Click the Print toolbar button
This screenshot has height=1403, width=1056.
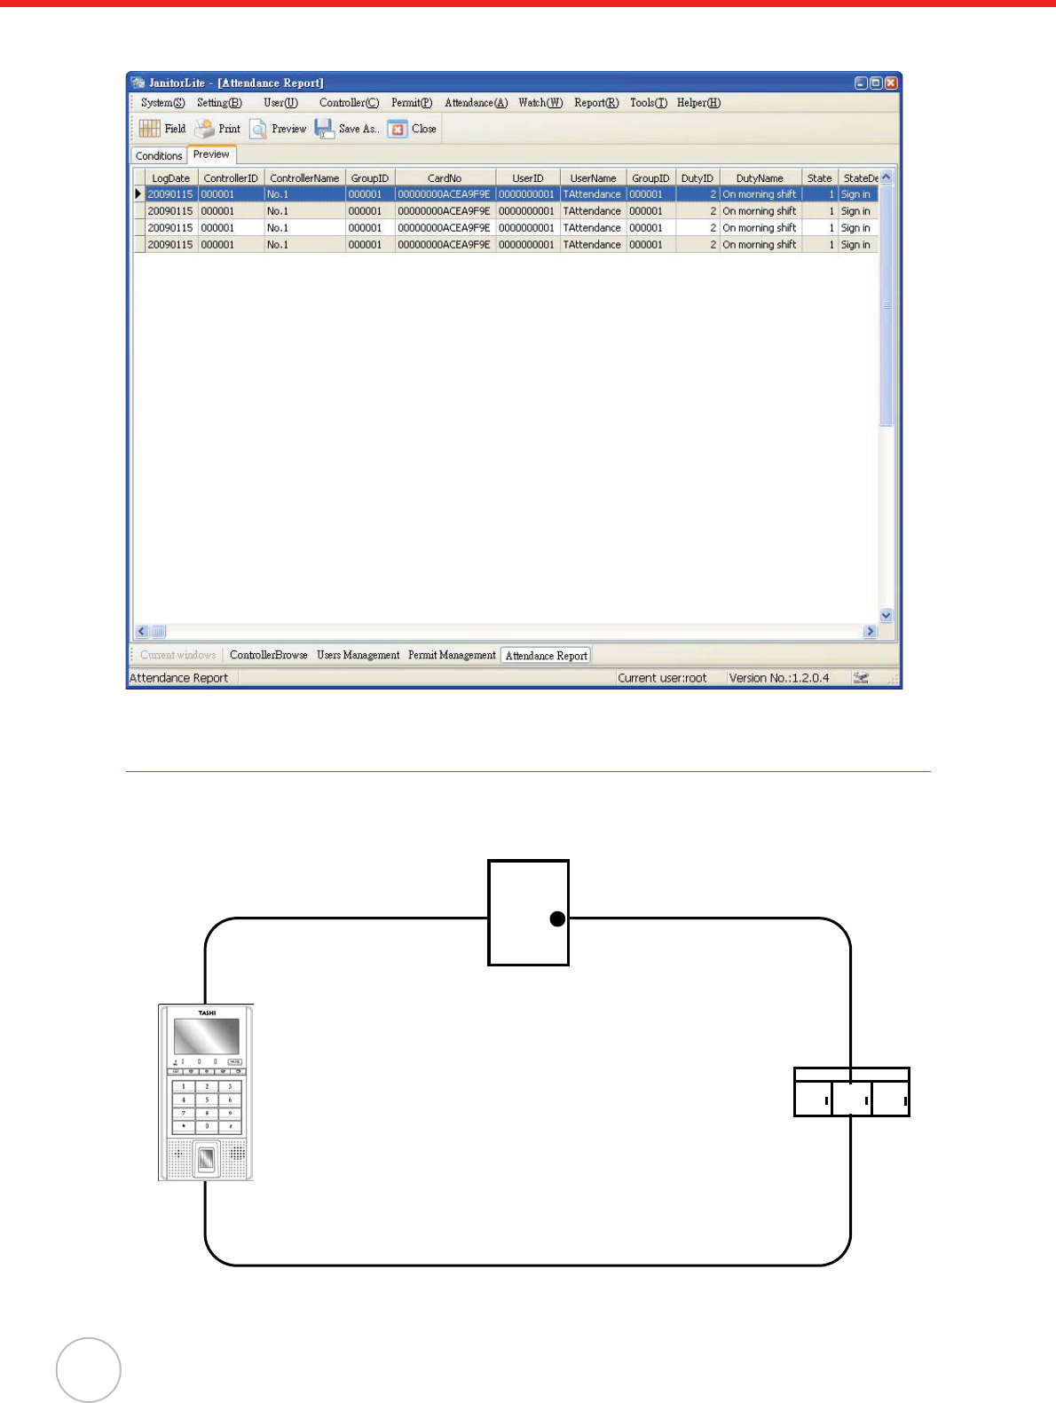click(x=218, y=129)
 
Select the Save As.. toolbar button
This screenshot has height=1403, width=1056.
click(x=347, y=129)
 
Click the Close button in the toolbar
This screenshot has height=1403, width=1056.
click(x=413, y=129)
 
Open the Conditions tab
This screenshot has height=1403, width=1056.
click(x=159, y=156)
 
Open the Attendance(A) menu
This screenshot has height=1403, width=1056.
click(x=476, y=103)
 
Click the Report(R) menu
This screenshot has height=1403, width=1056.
click(x=595, y=103)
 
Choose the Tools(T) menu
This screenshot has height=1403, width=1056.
click(x=648, y=103)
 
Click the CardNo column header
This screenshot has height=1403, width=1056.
click(x=445, y=178)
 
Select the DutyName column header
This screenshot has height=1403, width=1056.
click(x=760, y=178)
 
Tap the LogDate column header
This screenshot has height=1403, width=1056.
click(x=170, y=178)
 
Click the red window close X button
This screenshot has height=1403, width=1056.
click(x=891, y=83)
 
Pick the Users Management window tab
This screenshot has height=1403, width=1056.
click(x=358, y=655)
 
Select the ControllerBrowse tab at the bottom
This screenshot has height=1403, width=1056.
click(x=268, y=655)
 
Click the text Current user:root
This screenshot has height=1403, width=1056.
click(x=662, y=678)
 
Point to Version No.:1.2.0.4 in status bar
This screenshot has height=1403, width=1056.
click(x=778, y=678)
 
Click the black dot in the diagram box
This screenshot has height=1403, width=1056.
click(x=557, y=919)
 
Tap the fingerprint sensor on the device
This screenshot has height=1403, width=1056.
click(x=206, y=1159)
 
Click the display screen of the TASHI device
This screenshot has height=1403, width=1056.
click(x=206, y=1036)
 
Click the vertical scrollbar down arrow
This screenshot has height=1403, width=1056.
click(x=886, y=615)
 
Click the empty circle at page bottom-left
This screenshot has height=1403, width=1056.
click(x=89, y=1370)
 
